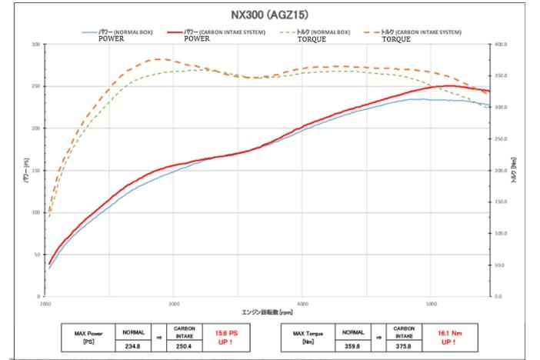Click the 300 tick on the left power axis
(35, 45)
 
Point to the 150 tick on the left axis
(35, 170)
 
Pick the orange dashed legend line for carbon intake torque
(372, 32)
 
